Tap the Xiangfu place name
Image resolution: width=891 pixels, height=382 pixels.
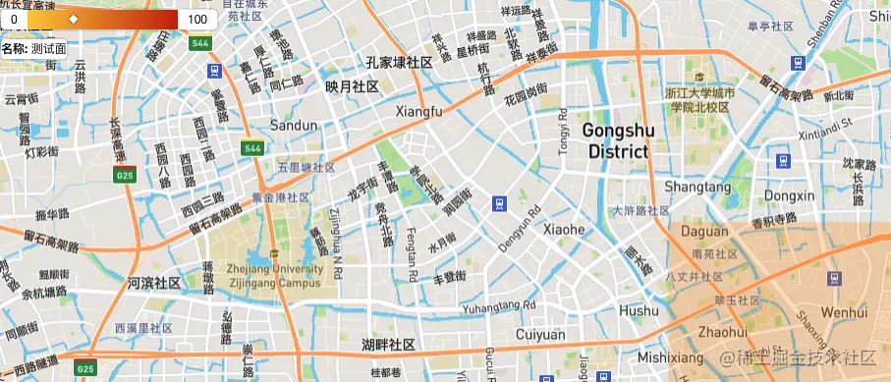tap(418, 112)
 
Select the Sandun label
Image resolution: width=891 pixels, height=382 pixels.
tap(294, 126)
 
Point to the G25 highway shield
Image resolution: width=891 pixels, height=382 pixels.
tap(125, 176)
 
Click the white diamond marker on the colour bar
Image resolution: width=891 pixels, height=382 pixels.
tap(73, 19)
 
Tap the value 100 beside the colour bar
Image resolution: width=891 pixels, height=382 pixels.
tap(196, 19)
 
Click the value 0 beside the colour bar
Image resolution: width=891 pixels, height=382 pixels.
tap(14, 19)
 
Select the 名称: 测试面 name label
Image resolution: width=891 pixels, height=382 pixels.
tap(34, 47)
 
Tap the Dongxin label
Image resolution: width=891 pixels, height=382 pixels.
tap(790, 195)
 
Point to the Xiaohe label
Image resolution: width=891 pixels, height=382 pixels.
tap(564, 229)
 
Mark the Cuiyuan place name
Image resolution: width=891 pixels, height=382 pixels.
tap(540, 335)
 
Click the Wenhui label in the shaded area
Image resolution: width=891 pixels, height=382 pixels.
tap(844, 311)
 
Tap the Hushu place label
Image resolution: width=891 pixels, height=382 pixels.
tap(639, 310)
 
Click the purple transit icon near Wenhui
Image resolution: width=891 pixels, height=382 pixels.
tap(835, 279)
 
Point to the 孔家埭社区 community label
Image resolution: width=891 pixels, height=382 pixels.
tap(400, 63)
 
